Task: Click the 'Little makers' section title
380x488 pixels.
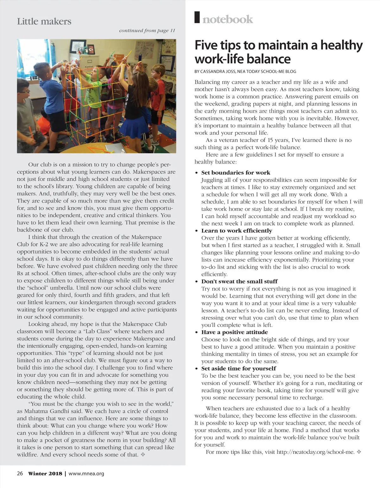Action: (44, 22)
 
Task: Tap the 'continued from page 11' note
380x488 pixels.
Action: (147, 31)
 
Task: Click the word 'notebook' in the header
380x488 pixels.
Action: (228, 19)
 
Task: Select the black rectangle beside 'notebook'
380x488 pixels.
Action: (197, 17)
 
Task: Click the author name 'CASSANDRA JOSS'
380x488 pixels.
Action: (218, 72)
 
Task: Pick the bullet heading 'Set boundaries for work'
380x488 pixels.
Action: (236, 173)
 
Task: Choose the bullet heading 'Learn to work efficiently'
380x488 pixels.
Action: (237, 231)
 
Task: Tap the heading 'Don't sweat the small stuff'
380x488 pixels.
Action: (239, 281)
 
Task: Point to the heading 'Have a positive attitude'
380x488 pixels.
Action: (234, 332)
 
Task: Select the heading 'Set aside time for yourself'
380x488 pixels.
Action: (238, 369)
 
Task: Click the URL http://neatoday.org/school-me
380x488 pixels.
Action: (315, 452)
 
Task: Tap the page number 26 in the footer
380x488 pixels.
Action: (20, 474)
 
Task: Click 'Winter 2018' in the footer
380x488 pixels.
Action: (45, 474)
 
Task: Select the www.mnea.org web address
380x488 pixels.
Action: (86, 474)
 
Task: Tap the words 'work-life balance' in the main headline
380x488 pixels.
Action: (243, 59)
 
